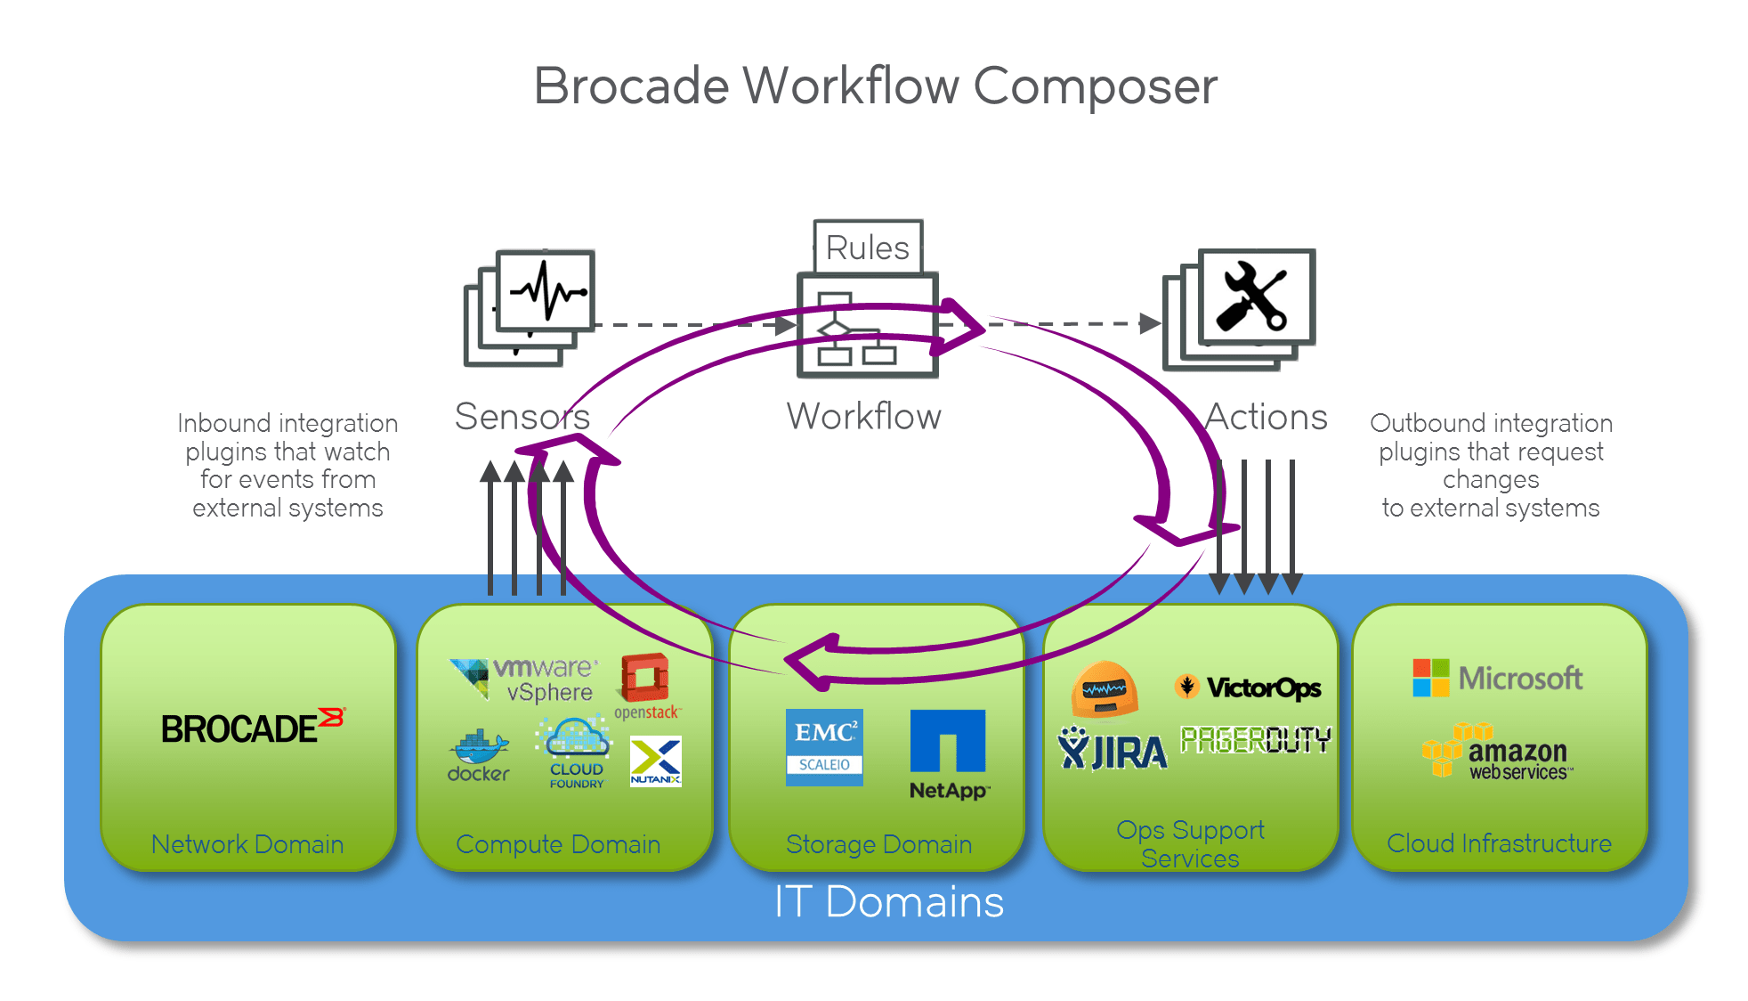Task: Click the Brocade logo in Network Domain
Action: pos(252,728)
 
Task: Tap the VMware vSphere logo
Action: pos(525,680)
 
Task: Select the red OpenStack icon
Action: pos(645,679)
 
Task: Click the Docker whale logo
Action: pos(479,756)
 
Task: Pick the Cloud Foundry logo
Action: pos(575,753)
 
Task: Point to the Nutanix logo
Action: pos(655,761)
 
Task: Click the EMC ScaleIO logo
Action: pos(824,747)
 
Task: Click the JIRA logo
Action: pos(1112,750)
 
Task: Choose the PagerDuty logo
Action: pos(1255,739)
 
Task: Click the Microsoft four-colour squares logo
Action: pos(1431,678)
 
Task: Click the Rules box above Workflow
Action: pos(868,247)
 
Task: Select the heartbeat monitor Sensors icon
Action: pos(545,291)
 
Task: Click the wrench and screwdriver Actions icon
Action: pos(1255,297)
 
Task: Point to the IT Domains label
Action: pos(888,901)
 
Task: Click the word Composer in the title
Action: pos(1095,86)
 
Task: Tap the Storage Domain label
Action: pos(878,843)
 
